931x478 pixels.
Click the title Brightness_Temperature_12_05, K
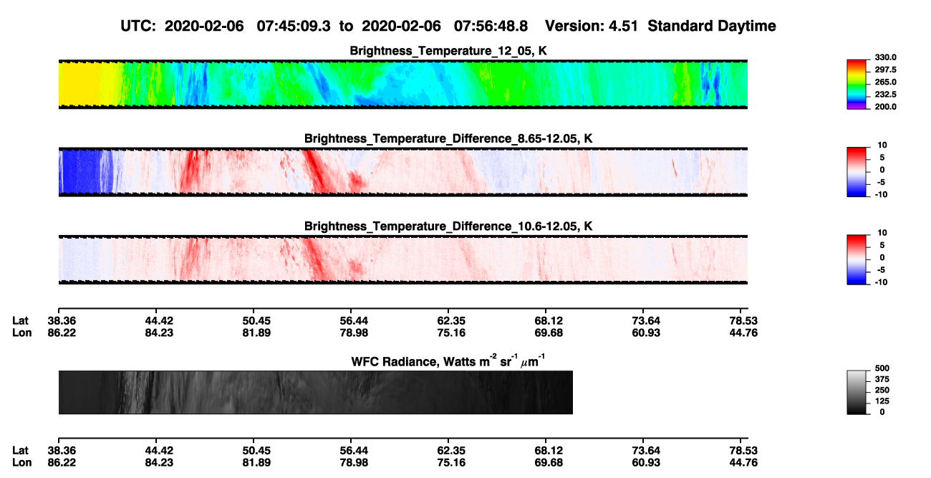click(448, 51)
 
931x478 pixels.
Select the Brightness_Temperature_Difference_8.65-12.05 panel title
click(448, 138)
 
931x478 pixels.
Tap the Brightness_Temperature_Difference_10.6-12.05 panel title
click(448, 226)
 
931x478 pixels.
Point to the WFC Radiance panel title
click(448, 360)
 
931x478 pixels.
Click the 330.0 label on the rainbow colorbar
click(885, 57)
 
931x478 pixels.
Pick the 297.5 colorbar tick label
click(885, 70)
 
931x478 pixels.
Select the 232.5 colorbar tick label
click(885, 95)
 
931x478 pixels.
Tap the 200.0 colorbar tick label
click(885, 107)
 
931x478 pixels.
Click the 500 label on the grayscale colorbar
click(882, 368)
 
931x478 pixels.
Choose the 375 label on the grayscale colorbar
click(882, 379)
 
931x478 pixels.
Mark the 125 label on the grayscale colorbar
click(882, 401)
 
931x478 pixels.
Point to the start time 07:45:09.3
click(294, 26)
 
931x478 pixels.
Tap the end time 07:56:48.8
click(491, 26)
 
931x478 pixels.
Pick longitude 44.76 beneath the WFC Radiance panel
click(743, 463)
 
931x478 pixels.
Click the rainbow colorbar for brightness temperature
click(857, 85)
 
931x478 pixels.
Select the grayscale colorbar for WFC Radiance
click(857, 392)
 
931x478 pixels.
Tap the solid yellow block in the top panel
click(79, 84)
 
